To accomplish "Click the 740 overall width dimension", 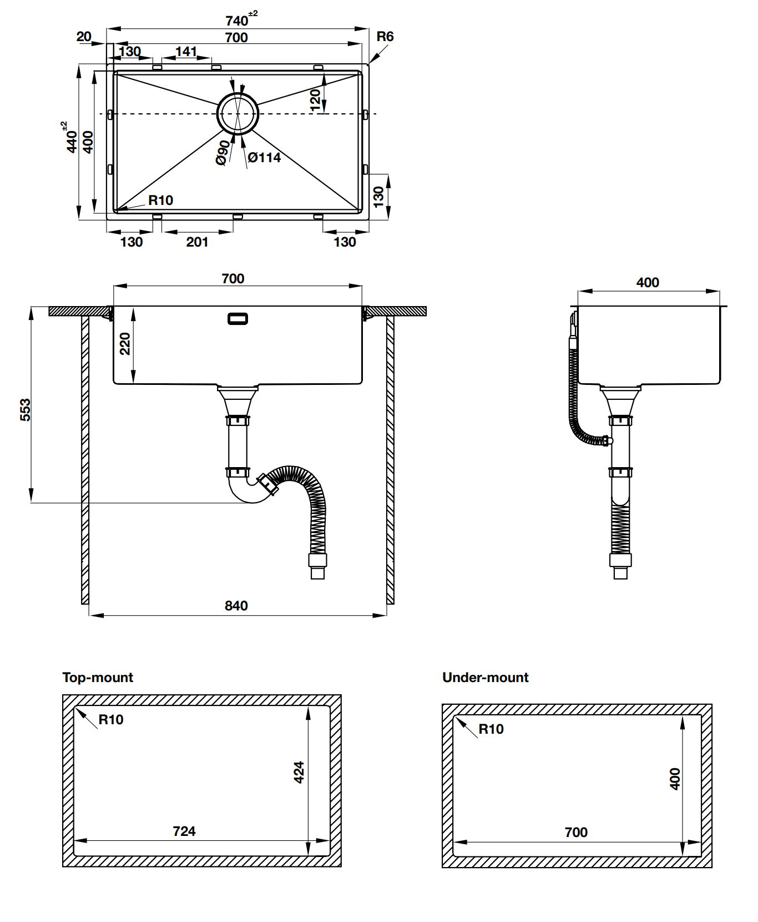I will [x=237, y=20].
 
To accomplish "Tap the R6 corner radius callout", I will [x=385, y=37].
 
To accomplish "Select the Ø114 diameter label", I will [x=264, y=158].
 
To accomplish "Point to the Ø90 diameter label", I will [x=223, y=152].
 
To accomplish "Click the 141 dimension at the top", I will [x=186, y=51].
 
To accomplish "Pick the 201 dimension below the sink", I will [x=197, y=242].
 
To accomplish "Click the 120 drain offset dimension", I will [x=315, y=100].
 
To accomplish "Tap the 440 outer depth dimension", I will [x=71, y=141].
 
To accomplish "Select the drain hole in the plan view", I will [x=237, y=113].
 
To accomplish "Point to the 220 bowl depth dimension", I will [x=125, y=343].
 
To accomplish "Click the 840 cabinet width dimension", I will [x=236, y=605].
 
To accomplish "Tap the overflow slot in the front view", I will [x=238, y=319].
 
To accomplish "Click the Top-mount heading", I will [x=98, y=677].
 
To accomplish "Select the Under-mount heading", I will [x=485, y=677].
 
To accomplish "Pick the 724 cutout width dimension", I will [x=184, y=831].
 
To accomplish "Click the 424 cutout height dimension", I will [x=299, y=772].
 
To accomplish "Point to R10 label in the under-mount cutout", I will [x=491, y=729].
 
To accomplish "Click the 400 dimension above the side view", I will [x=648, y=282].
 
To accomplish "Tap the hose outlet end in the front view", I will [x=317, y=572].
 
